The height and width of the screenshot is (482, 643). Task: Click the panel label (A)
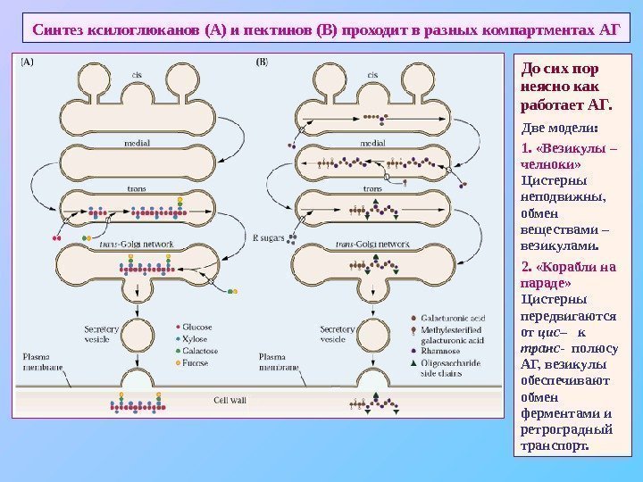pos(27,62)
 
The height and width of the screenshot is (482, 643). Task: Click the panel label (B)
pos(262,62)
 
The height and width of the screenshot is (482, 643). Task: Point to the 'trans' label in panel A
pos(136,189)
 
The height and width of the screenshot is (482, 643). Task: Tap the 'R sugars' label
pos(268,238)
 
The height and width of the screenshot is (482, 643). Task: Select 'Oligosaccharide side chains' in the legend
pos(451,367)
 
